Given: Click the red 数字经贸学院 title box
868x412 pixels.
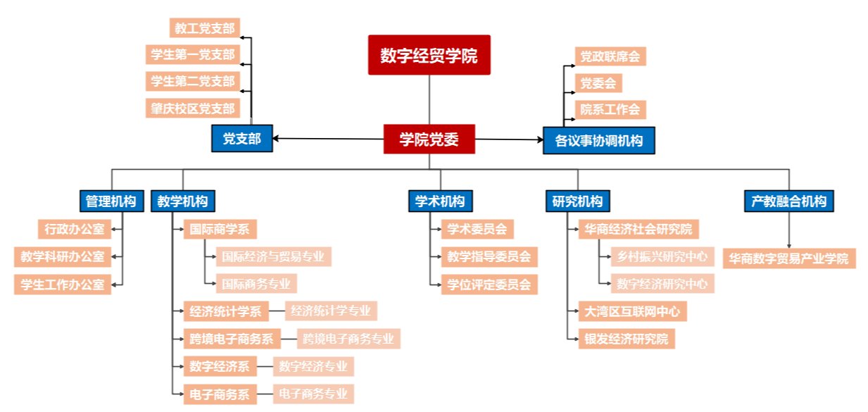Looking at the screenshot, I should (x=429, y=55).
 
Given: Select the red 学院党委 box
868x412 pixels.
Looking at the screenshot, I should (x=429, y=139).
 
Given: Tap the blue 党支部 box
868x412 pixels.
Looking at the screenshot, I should (x=241, y=139).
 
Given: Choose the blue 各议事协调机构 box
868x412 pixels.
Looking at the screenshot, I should (x=598, y=140).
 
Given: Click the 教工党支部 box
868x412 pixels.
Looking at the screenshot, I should (x=204, y=28).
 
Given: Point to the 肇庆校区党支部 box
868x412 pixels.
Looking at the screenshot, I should (x=192, y=108).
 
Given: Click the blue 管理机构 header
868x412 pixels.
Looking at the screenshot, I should (x=111, y=201).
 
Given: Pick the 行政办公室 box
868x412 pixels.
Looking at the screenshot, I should (x=73, y=229).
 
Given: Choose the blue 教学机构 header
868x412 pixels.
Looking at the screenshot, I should (x=182, y=201).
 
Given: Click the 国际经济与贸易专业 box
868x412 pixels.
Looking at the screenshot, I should (x=273, y=256).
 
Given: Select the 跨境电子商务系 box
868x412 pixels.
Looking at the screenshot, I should (x=231, y=339).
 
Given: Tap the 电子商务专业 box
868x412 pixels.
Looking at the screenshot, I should (x=313, y=394).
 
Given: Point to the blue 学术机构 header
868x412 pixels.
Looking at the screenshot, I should (x=440, y=201).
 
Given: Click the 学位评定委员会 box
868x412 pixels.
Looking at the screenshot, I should (x=489, y=284).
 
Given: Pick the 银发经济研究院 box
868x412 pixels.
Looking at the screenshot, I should (x=625, y=339).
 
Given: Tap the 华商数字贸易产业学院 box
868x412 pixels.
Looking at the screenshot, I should (x=788, y=258).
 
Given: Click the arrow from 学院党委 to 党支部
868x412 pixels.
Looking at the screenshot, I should (x=328, y=139).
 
